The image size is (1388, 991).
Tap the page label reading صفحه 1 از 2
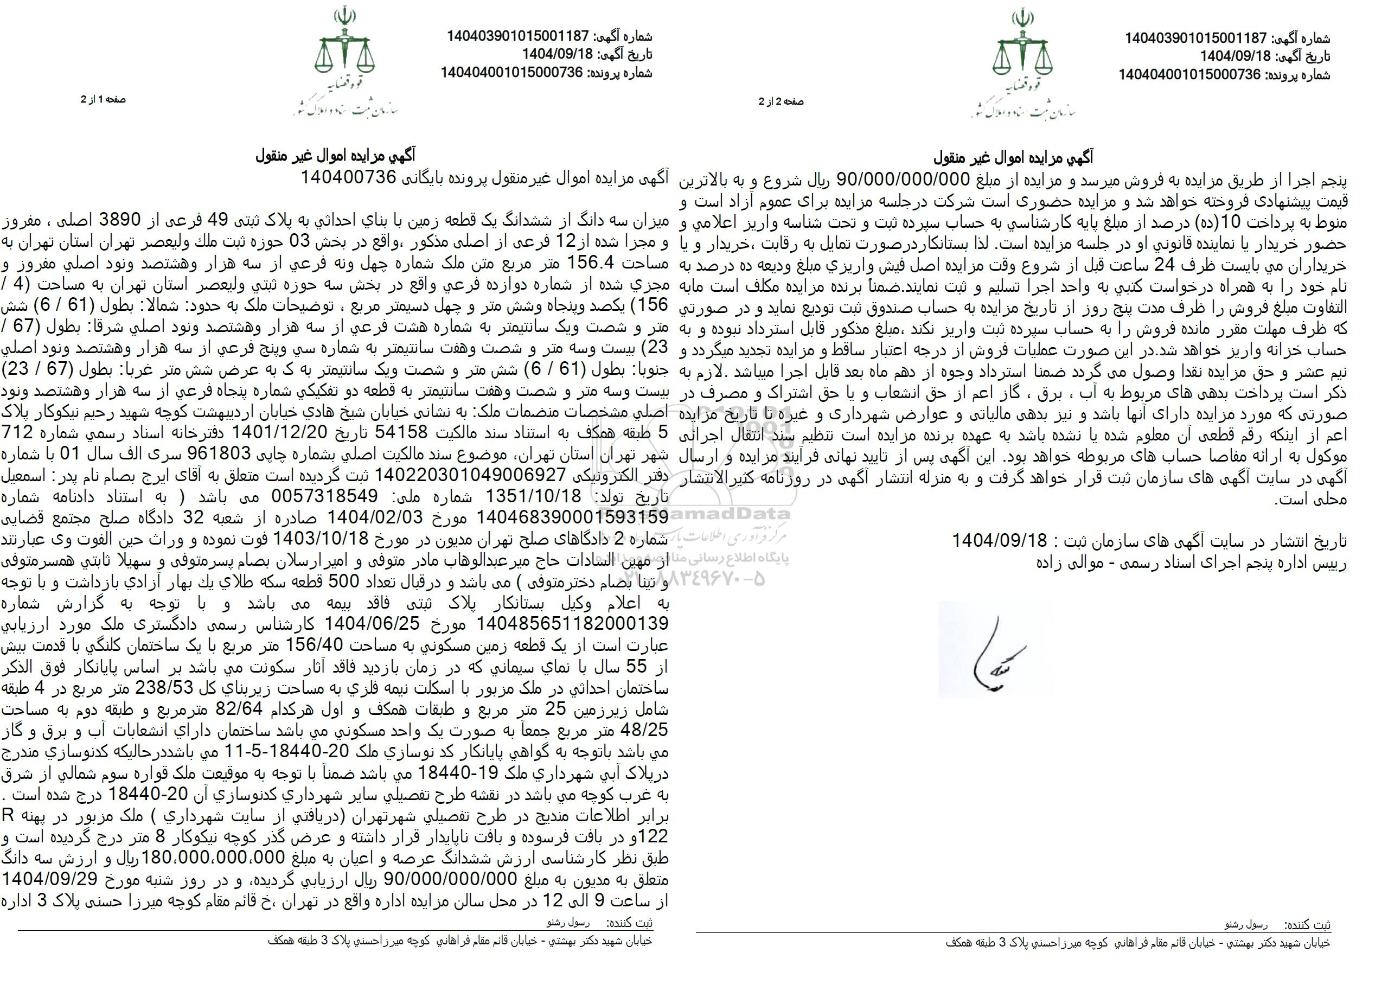(103, 99)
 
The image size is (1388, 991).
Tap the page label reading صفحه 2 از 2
(782, 102)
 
